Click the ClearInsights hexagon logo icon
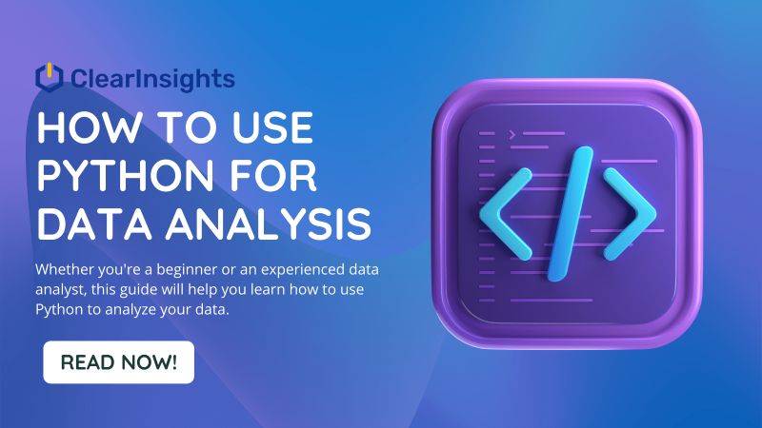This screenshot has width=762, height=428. [49, 77]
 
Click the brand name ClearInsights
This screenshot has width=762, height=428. [151, 77]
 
